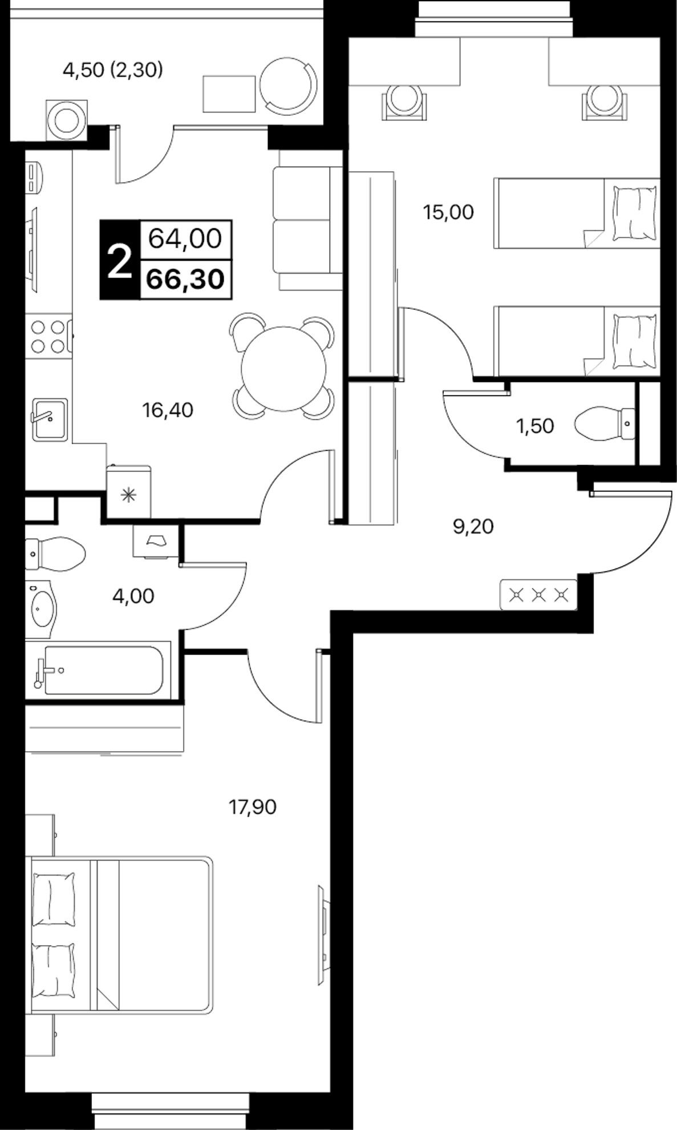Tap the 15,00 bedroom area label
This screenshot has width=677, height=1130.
point(448,212)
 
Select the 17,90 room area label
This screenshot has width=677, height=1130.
point(253,807)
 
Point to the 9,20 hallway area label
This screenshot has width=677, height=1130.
point(473,526)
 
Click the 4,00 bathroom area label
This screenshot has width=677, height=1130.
point(134,596)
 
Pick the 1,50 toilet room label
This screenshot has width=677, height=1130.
point(535,426)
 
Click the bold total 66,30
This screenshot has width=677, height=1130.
point(185,280)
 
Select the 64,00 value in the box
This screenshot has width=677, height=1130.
point(185,238)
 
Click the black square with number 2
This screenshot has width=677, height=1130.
point(120,260)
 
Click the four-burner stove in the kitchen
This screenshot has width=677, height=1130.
point(50,336)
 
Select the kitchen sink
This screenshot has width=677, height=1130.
point(50,419)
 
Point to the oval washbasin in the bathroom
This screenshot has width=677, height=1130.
point(41,608)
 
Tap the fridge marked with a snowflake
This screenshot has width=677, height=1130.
point(129,492)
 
